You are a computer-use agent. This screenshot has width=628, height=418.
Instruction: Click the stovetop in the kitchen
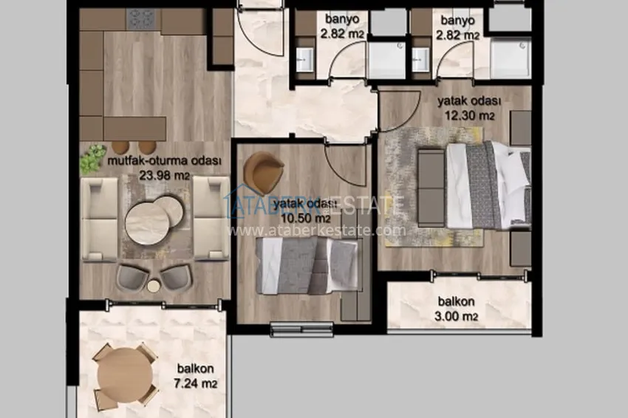140,18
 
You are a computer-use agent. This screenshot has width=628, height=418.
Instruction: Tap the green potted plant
92,159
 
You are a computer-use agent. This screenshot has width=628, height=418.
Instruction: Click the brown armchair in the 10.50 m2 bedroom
263,172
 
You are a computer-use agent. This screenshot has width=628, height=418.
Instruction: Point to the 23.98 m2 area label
164,175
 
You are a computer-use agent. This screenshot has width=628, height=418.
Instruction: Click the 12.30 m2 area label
470,116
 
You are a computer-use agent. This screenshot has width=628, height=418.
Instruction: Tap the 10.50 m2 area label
306,219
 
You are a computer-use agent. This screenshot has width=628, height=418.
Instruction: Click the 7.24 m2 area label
196,383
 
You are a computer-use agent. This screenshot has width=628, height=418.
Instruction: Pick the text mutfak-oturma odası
164,161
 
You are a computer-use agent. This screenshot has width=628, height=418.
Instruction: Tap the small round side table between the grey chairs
154,286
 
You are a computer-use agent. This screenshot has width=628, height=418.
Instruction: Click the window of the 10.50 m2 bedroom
302,329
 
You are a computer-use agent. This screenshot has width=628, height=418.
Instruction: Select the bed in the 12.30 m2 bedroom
488,185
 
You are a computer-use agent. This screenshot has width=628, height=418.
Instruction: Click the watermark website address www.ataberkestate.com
316,230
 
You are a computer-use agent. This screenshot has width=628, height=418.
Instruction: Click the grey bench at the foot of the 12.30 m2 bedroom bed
431,187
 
